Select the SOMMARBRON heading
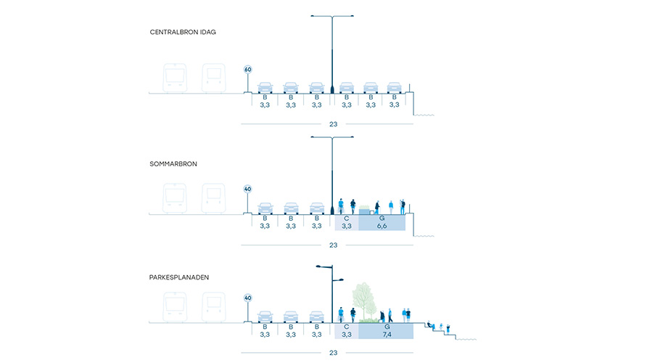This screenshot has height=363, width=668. [174, 164]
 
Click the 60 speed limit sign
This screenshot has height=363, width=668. [247, 70]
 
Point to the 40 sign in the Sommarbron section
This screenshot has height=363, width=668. [247, 190]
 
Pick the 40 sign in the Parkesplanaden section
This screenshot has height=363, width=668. [247, 298]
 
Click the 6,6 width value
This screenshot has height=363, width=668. [382, 227]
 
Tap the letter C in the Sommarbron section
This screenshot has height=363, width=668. [346, 218]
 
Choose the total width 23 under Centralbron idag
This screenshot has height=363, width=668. [333, 124]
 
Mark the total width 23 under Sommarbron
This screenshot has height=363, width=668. [333, 245]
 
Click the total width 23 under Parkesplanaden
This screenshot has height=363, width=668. [333, 353]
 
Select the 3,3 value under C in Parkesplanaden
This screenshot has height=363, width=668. [346, 335]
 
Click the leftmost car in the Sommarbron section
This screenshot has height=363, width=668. [265, 209]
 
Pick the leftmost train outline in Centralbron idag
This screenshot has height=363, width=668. [174, 78]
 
